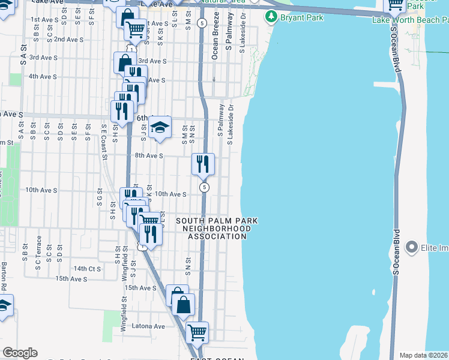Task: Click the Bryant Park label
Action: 302,17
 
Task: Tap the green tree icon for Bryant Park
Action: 274,17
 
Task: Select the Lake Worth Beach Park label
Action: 411,20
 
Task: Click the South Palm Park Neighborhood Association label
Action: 217,229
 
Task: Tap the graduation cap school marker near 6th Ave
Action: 159,127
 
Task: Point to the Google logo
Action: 20,353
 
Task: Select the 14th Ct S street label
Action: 88,268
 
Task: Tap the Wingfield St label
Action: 122,316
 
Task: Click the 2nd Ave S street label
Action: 67,39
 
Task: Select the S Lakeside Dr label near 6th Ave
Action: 231,123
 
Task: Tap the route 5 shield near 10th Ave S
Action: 205,187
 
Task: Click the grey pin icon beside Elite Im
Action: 411,246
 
